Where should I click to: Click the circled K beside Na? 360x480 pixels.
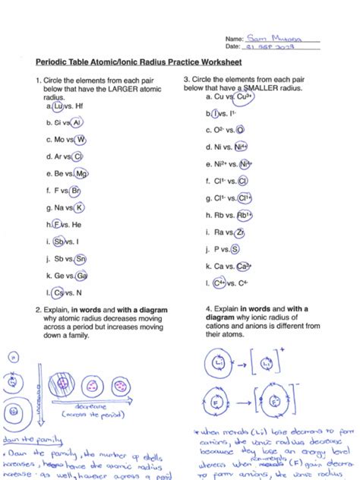click(x=80, y=207)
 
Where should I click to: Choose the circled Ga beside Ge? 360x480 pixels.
click(x=82, y=275)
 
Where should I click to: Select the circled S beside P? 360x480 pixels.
click(x=235, y=248)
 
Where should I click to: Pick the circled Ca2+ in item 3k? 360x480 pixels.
click(x=243, y=266)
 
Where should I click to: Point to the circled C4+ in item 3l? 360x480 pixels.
click(x=219, y=283)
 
